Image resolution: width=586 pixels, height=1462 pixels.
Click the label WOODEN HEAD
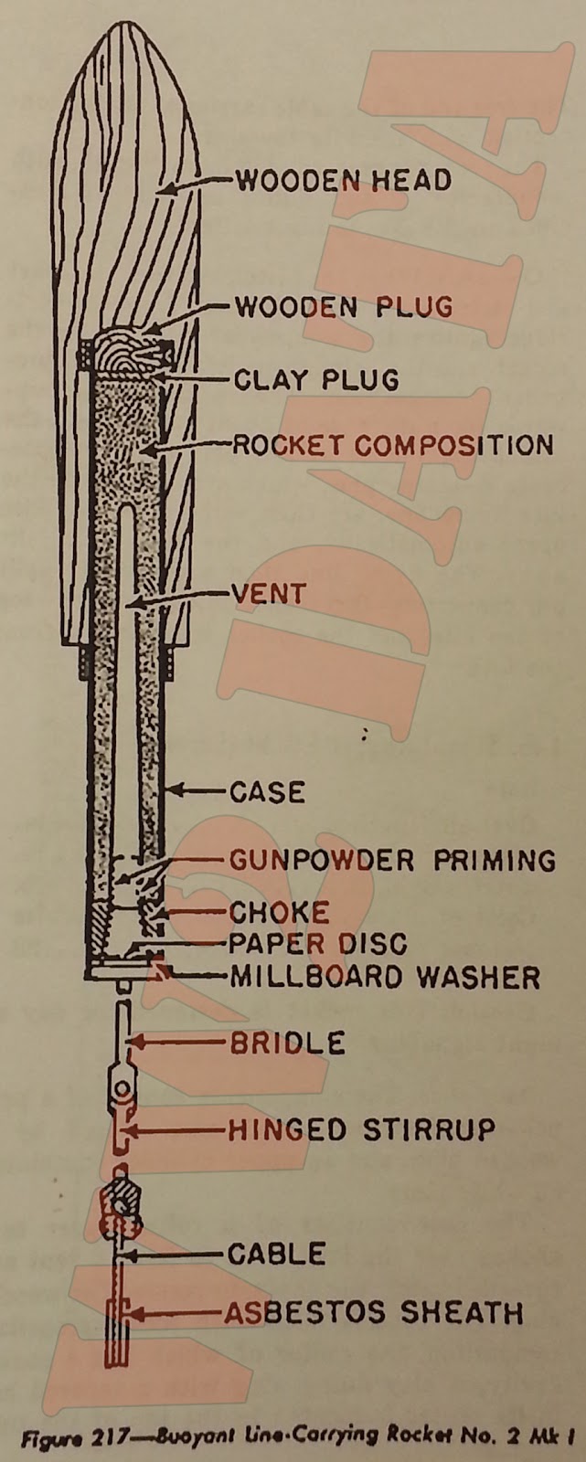click(343, 180)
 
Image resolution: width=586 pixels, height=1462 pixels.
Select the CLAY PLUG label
click(316, 378)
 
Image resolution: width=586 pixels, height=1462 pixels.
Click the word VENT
click(268, 594)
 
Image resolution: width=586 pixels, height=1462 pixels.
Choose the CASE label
click(268, 791)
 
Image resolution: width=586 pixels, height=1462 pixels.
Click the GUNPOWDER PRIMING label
click(391, 860)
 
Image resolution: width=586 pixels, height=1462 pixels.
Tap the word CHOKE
click(279, 913)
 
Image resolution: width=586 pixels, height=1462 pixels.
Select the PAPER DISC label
click(317, 943)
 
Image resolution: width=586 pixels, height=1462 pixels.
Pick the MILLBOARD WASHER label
click(384, 977)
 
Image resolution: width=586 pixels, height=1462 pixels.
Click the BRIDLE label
click(287, 1043)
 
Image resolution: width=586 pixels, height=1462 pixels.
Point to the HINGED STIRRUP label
click(361, 1129)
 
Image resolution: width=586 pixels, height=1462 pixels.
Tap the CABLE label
click(276, 1254)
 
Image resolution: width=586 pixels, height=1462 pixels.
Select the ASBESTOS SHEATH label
click(375, 1313)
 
